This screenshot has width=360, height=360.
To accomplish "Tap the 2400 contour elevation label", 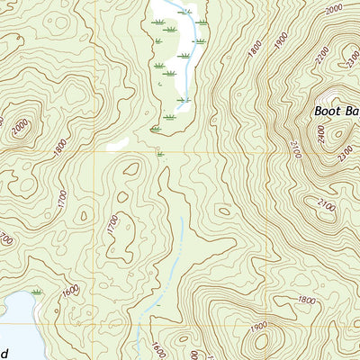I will click(321, 134).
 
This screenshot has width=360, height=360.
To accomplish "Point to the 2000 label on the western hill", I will click(19, 129).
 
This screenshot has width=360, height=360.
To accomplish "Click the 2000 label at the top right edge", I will click(335, 9).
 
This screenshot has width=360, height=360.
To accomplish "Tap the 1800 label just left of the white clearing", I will click(60, 143).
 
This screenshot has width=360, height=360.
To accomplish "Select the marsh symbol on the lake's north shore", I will click(37, 292).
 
